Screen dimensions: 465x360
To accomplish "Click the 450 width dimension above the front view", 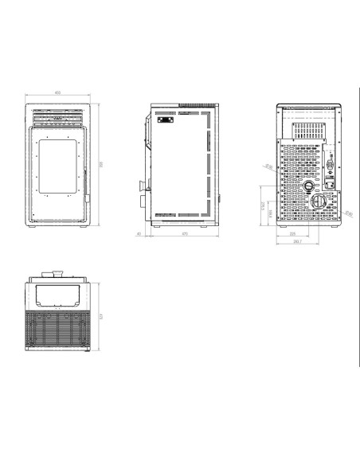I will (58, 92).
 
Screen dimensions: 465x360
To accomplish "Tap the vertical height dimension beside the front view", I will (101, 165).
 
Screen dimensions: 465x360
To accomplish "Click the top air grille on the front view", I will (58, 115).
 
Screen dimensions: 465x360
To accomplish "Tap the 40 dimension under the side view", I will (139, 233).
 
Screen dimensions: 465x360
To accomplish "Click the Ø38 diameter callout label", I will (268, 167).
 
